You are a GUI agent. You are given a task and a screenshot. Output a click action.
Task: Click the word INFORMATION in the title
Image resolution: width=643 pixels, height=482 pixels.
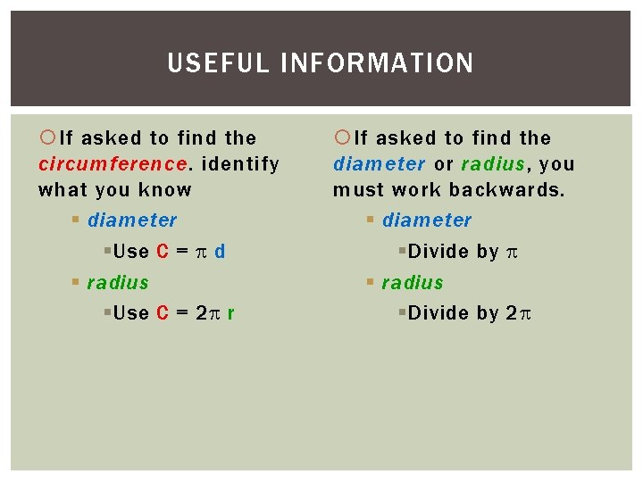pos(377,63)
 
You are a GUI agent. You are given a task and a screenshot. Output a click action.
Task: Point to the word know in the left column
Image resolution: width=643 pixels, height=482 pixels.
pos(167,189)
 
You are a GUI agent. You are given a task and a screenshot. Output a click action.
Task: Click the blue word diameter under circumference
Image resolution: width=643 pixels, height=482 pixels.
pos(132,220)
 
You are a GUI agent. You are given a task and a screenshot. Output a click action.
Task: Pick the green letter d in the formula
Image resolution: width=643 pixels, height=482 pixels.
pos(220,252)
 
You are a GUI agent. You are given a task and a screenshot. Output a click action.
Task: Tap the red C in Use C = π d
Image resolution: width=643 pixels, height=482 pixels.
pos(163,252)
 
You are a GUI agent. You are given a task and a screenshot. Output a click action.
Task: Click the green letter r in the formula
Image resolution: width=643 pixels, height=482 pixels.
pos(231,312)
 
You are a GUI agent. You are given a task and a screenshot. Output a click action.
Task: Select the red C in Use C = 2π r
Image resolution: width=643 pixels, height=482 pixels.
pos(163,312)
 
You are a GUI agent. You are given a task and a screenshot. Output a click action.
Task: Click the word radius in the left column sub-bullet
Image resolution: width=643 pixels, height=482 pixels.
pos(118,282)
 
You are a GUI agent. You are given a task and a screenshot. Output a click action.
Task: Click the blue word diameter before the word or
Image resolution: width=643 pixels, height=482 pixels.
pos(379,164)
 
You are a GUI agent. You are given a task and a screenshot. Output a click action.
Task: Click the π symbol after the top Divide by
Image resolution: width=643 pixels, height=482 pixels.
pos(511,253)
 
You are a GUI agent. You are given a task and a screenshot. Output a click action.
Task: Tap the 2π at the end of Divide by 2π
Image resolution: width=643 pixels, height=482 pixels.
pos(519,312)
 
